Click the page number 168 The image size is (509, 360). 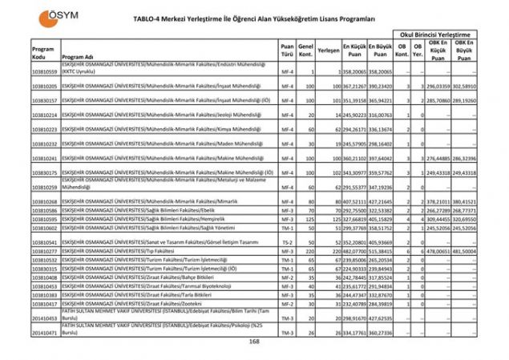254,341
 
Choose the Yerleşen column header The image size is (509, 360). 328,50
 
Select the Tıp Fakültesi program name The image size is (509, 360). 119,251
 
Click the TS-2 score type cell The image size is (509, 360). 287,241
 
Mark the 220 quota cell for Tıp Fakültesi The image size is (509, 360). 306,251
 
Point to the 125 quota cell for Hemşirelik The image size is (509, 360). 306,218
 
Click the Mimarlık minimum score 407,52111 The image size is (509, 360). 353,200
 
